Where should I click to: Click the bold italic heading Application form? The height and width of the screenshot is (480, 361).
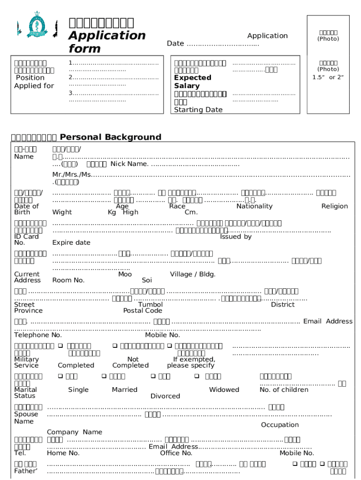pyautogui.click(x=107, y=42)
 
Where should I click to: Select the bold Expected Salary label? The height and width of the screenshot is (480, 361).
pyautogui.click(x=192, y=82)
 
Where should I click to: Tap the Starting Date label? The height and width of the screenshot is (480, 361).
pyautogui.click(x=198, y=110)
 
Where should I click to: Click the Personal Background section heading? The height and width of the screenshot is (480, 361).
pyautogui.click(x=110, y=137)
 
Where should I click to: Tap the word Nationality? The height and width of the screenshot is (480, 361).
pyautogui.click(x=254, y=206)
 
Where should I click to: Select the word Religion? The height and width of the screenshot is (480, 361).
pyautogui.click(x=334, y=206)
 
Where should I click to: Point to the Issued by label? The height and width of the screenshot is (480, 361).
pyautogui.click(x=236, y=237)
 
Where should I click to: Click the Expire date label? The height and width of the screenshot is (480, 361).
pyautogui.click(x=71, y=242)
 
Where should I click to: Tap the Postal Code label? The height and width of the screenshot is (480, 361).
pyautogui.click(x=143, y=310)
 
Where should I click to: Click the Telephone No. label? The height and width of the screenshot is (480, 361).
pyautogui.click(x=38, y=335)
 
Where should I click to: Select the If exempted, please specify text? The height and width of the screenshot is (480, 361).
pyautogui.click(x=191, y=362)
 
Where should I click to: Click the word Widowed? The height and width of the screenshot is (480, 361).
pyautogui.click(x=224, y=390)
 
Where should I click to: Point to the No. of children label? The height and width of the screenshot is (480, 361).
pyautogui.click(x=284, y=390)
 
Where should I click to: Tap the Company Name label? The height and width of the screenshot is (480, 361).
pyautogui.click(x=75, y=432)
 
